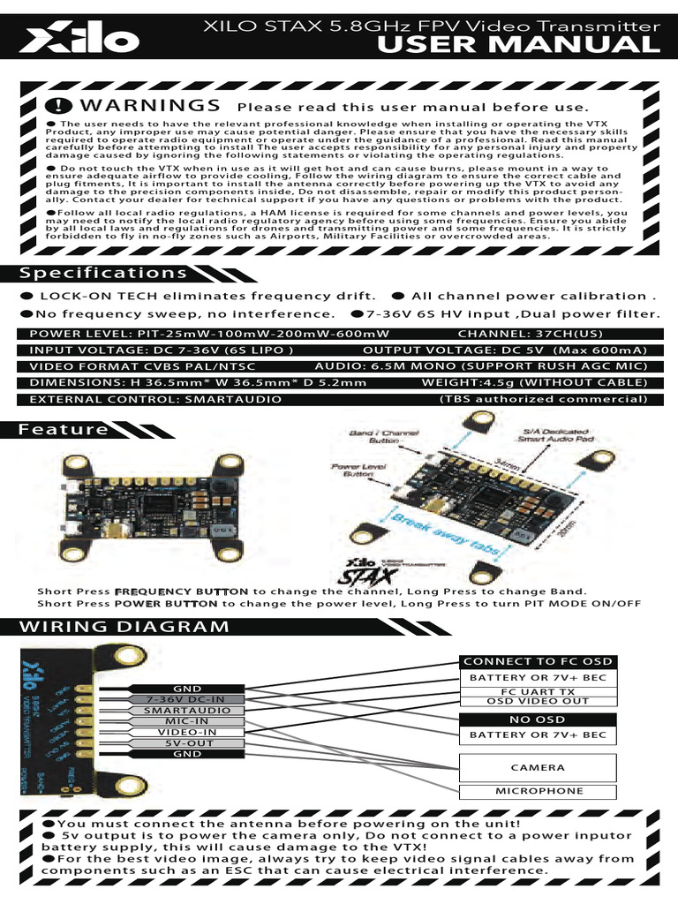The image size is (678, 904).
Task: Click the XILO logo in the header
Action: tap(80, 38)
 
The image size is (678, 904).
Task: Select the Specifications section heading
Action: tap(103, 273)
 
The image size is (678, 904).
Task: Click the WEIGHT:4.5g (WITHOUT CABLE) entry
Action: tap(534, 382)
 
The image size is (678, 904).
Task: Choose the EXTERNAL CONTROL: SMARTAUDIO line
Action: tap(155, 399)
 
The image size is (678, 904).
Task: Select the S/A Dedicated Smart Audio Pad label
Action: tap(553, 433)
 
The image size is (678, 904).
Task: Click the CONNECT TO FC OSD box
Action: tap(538, 661)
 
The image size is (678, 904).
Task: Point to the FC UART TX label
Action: tap(538, 691)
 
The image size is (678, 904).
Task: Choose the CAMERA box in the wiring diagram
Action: tap(538, 767)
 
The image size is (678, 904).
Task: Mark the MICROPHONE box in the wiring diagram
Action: tap(538, 791)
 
